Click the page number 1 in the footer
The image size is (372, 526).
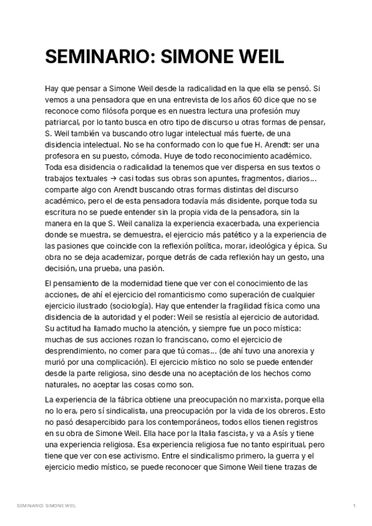pyautogui.click(x=353, y=507)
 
